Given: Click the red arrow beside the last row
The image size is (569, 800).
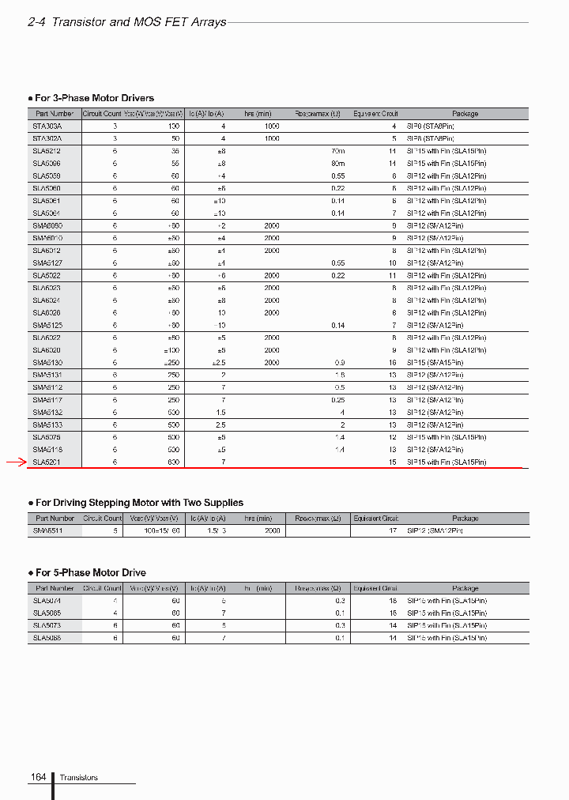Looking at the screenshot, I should click(x=16, y=462).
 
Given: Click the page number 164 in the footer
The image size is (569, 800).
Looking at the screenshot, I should click(x=38, y=778).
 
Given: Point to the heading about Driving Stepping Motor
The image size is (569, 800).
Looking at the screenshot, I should click(x=139, y=503).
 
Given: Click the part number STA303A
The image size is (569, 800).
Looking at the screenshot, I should click(x=47, y=126).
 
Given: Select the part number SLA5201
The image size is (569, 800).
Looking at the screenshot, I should click(x=47, y=462).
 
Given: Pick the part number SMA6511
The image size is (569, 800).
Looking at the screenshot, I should click(x=47, y=531).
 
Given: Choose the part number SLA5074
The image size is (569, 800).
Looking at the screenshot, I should click(x=47, y=601).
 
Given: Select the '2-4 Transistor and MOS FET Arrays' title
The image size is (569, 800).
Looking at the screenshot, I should click(x=126, y=22).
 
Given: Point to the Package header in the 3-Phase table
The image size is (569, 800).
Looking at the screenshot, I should click(x=465, y=114).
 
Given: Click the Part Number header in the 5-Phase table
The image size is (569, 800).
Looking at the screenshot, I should click(x=55, y=588).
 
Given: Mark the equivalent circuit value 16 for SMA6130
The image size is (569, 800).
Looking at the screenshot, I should click(x=392, y=362).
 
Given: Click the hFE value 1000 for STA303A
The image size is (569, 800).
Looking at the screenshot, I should click(x=272, y=126).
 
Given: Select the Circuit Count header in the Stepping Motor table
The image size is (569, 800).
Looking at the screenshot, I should click(x=103, y=519).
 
